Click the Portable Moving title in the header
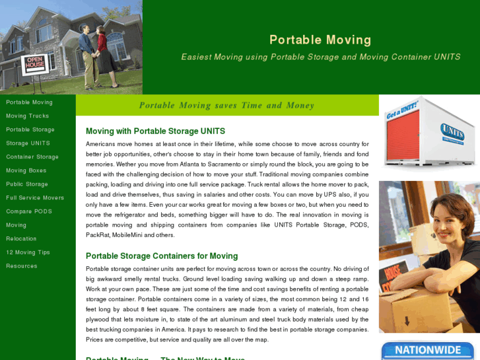coord(320,40)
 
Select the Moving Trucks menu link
coord(28,116)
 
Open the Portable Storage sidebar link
coord(30,129)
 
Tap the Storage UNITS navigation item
coord(28,143)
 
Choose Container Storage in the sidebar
coord(32,157)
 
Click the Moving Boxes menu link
coord(26,170)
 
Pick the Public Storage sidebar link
coord(27,184)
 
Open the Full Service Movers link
coord(35,198)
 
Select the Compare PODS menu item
coord(29,211)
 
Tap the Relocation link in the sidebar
coord(21,238)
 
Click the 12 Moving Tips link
coord(28,252)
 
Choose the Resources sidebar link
coord(22,266)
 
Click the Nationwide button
coord(427,350)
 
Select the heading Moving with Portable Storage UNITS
coord(155,131)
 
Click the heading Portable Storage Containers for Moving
coord(162,256)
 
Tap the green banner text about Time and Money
coord(226,106)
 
